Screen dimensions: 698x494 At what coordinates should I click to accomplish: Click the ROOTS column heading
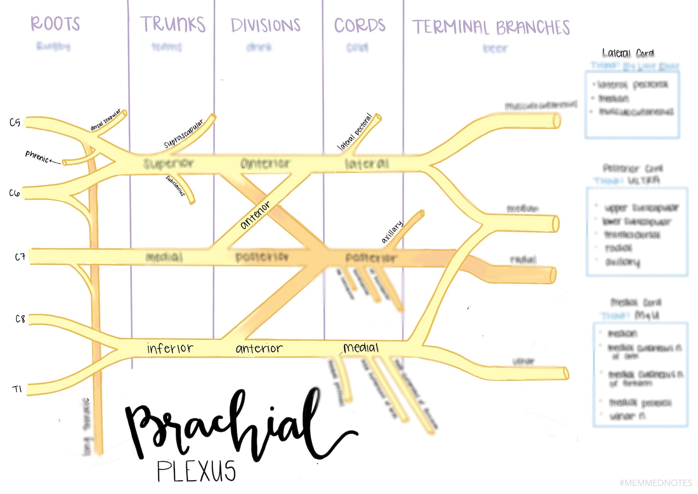pyautogui.click(x=55, y=23)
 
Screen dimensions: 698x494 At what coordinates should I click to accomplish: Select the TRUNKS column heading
pyautogui.click(x=173, y=24)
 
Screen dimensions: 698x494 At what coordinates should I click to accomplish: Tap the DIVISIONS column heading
pyautogui.click(x=265, y=25)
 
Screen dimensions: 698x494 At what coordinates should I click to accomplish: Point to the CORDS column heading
pyautogui.click(x=360, y=25)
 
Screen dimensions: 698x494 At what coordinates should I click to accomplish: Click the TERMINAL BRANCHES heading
pyautogui.click(x=491, y=27)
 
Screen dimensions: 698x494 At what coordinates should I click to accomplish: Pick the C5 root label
pyautogui.click(x=15, y=122)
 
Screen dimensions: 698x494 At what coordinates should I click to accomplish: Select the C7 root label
pyautogui.click(x=20, y=257)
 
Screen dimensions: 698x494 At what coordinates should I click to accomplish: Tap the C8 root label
pyautogui.click(x=20, y=318)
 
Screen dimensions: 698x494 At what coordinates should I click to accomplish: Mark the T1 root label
pyautogui.click(x=17, y=389)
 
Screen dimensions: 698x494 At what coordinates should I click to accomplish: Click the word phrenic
pyautogui.click(x=37, y=156)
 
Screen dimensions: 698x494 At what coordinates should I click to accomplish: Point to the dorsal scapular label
pyautogui.click(x=105, y=120)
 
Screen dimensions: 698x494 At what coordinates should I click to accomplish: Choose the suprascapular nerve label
pyautogui.click(x=184, y=133)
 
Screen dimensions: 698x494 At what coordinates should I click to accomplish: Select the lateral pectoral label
pyautogui.click(x=355, y=132)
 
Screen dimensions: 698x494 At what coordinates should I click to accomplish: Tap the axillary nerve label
pyautogui.click(x=392, y=232)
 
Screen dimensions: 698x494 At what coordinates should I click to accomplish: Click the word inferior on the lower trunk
pyautogui.click(x=170, y=348)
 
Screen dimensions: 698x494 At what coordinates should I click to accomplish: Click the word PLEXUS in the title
pyautogui.click(x=196, y=471)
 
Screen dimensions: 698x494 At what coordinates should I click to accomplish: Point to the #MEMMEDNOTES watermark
pyautogui.click(x=655, y=483)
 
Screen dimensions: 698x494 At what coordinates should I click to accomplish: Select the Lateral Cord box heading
pyautogui.click(x=628, y=53)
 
